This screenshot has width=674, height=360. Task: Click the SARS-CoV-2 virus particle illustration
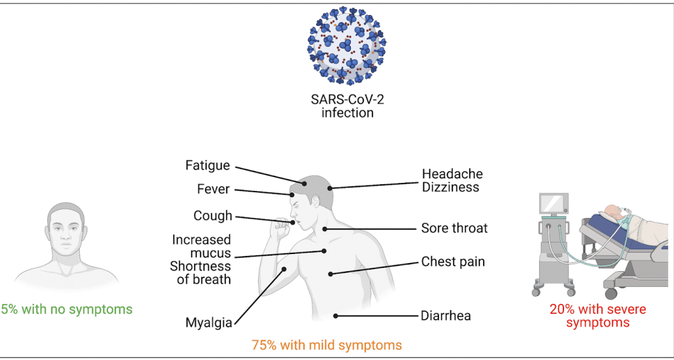(347, 45)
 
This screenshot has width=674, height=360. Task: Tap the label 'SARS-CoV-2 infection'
(347, 106)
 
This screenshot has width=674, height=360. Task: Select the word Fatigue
(207, 166)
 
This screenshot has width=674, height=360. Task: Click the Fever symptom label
(213, 190)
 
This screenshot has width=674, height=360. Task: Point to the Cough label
(213, 216)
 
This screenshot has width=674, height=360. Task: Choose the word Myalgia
(209, 323)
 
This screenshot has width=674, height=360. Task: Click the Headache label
(452, 174)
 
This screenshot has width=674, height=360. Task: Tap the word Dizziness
(451, 187)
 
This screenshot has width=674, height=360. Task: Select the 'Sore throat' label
(454, 228)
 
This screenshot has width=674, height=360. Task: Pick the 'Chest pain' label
(453, 262)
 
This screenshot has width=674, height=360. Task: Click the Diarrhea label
(446, 316)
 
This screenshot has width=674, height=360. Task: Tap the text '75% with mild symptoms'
(326, 344)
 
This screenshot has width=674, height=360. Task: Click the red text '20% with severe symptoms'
(598, 315)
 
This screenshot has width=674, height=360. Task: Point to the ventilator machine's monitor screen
(554, 205)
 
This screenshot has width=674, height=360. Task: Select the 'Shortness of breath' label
(201, 273)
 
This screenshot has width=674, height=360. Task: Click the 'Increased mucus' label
(201, 247)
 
